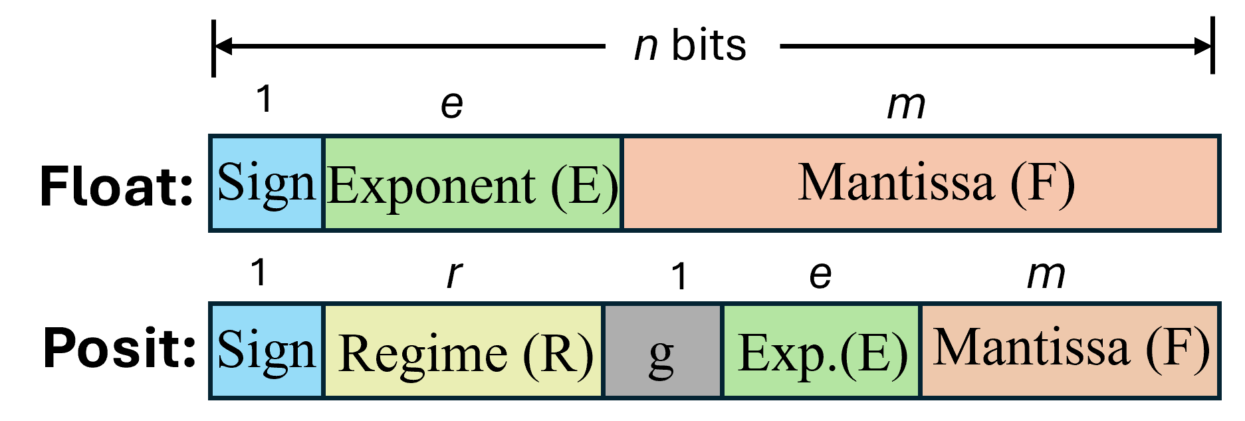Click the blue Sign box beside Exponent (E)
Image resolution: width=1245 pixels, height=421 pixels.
(x=267, y=183)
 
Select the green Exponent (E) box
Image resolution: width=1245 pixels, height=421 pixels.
(x=472, y=183)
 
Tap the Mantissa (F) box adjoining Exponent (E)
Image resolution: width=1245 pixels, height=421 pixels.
(x=920, y=183)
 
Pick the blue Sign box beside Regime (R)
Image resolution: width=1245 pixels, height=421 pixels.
(x=267, y=351)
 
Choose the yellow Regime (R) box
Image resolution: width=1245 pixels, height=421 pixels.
(x=463, y=351)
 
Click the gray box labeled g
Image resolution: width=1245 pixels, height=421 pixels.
(x=662, y=351)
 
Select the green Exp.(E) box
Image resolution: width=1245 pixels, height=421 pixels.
(x=822, y=351)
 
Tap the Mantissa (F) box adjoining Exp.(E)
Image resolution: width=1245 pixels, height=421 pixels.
(x=1070, y=351)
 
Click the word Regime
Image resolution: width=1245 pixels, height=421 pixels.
(x=423, y=354)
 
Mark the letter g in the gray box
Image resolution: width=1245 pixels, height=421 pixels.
(x=661, y=356)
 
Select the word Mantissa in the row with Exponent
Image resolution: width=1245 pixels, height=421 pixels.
(x=896, y=182)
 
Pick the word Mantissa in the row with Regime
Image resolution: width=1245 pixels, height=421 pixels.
(x=1031, y=347)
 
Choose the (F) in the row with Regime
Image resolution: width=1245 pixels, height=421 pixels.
(x=1177, y=347)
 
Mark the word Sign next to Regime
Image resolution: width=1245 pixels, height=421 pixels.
(x=266, y=351)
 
